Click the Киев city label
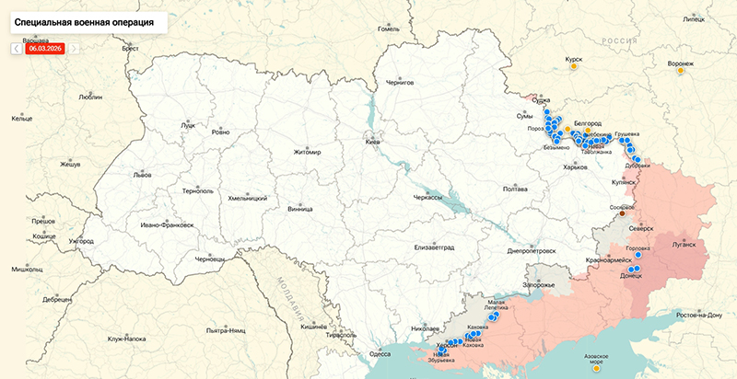[x=373, y=143]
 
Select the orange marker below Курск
[x=574, y=66]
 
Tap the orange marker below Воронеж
[x=681, y=70]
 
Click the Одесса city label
[x=380, y=353]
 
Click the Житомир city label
[x=307, y=152]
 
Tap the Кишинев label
[x=315, y=326]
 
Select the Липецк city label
[x=692, y=17]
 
